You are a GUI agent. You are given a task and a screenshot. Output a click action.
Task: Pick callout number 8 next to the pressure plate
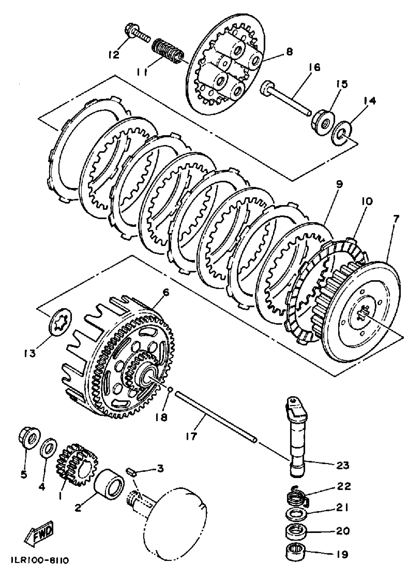tap(289, 52)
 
